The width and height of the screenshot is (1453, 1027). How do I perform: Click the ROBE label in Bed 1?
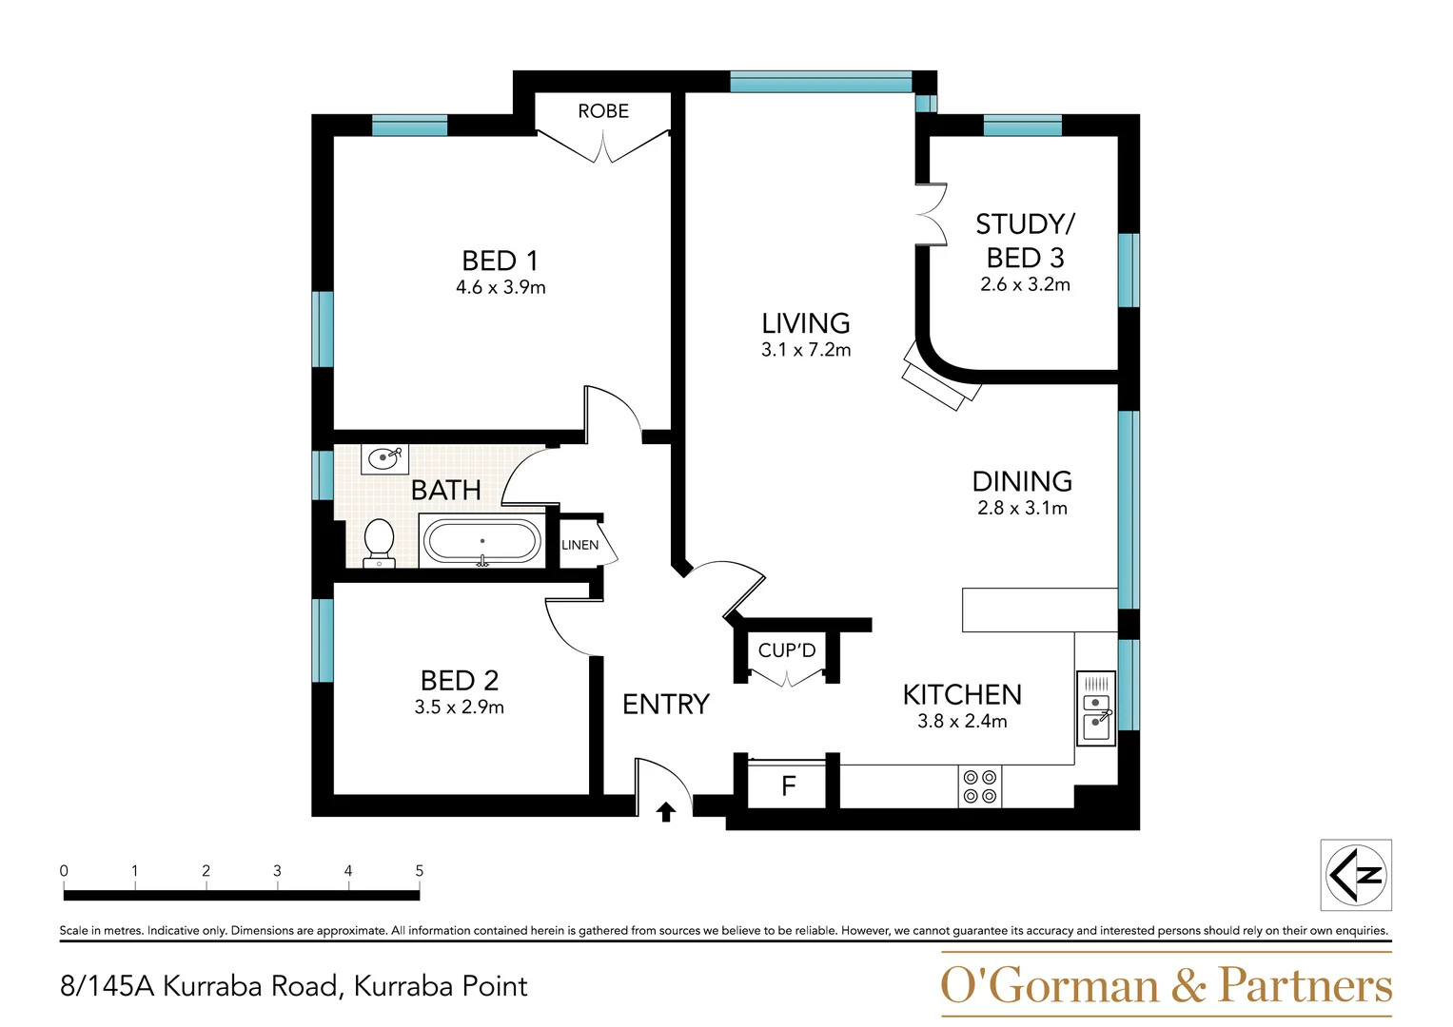(603, 111)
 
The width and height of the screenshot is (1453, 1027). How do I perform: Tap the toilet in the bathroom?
(379, 542)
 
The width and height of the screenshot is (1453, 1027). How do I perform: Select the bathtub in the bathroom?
(481, 542)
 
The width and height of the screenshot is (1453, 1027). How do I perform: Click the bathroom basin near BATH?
(384, 459)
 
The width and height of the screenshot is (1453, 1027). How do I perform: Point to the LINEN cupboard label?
(579, 545)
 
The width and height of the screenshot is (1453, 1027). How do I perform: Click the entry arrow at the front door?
(666, 811)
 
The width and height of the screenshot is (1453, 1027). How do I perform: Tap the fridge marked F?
(788, 786)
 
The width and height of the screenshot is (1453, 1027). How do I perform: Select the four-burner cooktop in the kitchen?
(980, 786)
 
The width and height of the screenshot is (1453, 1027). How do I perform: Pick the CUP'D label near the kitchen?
(787, 651)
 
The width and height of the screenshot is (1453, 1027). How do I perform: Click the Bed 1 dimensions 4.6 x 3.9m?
(501, 287)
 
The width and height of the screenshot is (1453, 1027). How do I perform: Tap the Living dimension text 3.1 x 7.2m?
(806, 350)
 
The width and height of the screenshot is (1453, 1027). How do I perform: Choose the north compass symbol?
(1356, 875)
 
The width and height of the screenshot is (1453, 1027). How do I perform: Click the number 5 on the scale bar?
(419, 870)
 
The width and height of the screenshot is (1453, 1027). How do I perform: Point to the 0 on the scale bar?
(64, 870)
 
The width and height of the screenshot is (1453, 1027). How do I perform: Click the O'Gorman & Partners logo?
(1166, 985)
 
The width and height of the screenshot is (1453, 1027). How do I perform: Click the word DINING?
(1022, 481)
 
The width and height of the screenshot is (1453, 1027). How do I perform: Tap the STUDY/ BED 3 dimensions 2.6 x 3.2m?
(1025, 284)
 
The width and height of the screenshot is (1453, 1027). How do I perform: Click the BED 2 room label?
(460, 681)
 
